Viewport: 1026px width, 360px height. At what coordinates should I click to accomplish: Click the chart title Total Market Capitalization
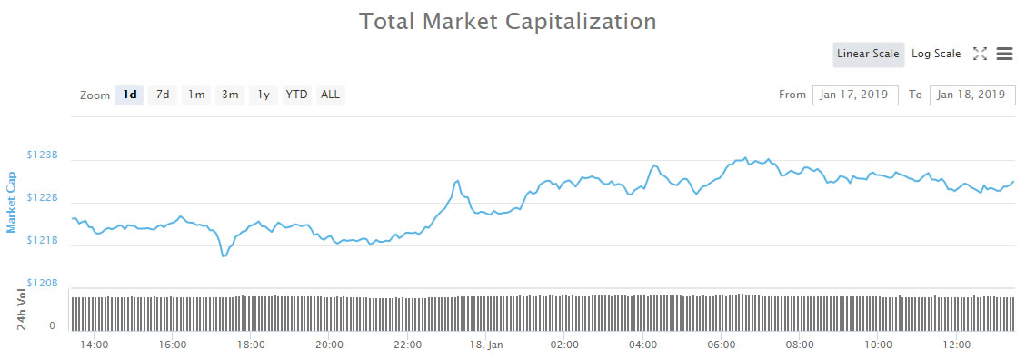click(x=508, y=21)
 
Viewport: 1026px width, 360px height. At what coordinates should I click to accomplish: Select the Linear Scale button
click(x=868, y=54)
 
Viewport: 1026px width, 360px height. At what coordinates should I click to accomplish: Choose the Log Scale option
click(x=936, y=54)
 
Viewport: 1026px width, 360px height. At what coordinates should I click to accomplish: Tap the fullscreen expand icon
click(x=980, y=54)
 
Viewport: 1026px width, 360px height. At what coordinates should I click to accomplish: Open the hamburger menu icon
click(x=1004, y=54)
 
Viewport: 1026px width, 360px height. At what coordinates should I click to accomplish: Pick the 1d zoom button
click(x=130, y=95)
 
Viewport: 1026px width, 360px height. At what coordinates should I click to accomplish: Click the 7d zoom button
click(x=163, y=95)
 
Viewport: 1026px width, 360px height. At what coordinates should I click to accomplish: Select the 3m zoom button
click(x=230, y=95)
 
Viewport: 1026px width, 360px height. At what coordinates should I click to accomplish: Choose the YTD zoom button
click(x=296, y=95)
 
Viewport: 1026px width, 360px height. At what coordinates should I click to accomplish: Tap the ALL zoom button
click(x=330, y=95)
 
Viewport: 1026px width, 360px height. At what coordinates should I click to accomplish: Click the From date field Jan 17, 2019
click(x=854, y=95)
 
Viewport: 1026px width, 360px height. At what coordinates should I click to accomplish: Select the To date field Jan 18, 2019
click(x=972, y=95)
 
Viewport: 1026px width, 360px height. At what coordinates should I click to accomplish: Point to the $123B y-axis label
click(x=44, y=155)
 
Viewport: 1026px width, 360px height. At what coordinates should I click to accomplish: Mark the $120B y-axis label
click(x=44, y=284)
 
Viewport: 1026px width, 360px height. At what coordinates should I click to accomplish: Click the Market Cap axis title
click(x=11, y=202)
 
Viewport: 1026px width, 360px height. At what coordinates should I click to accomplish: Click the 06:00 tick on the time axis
click(x=721, y=345)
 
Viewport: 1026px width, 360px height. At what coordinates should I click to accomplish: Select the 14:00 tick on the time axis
click(x=95, y=345)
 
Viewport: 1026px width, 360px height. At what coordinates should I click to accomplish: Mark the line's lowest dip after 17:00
click(x=224, y=256)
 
